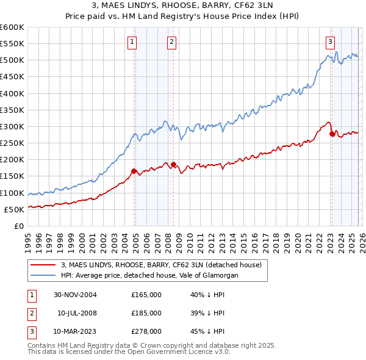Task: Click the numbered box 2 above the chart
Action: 171,42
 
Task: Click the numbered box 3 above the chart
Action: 330,42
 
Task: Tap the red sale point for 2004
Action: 134,171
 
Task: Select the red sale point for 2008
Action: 173,164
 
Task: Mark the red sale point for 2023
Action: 332,134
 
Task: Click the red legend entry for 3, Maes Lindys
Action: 161,265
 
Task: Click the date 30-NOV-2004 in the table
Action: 75,295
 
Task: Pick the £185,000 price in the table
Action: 146,313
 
